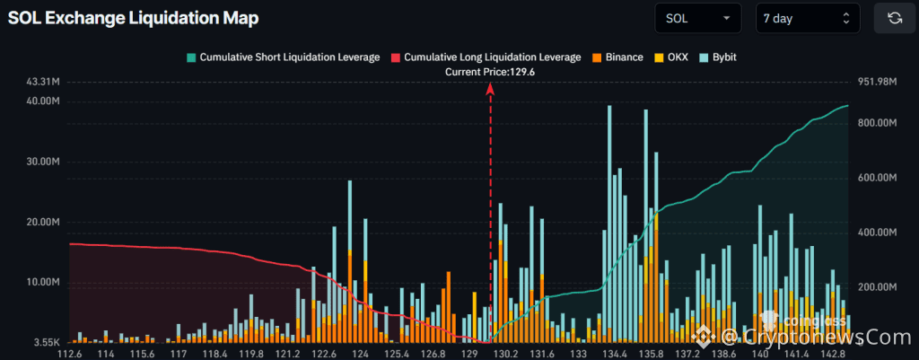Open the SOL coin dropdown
698,18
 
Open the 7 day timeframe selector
806,18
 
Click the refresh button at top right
894,18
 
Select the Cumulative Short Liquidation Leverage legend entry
283,57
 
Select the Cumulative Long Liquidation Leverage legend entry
485,57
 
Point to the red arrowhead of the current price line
490,88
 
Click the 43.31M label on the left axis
43,82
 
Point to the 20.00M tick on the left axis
43,222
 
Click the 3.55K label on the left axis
45,342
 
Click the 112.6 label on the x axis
70,354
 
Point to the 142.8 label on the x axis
833,354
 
